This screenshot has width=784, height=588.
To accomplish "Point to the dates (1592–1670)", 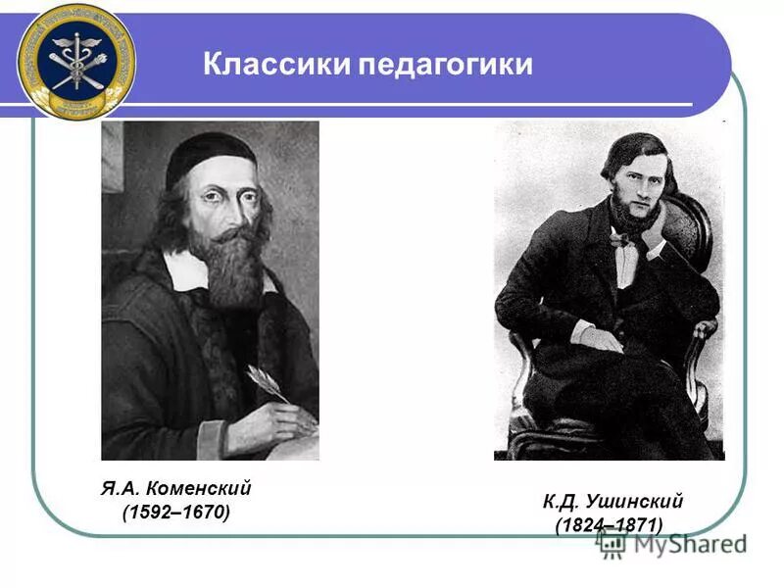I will coord(176,513).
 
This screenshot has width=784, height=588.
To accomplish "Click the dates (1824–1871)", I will coord(609,525).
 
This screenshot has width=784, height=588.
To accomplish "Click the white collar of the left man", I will coord(186,270).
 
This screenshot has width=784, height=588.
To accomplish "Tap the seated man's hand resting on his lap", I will coord(600,339).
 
